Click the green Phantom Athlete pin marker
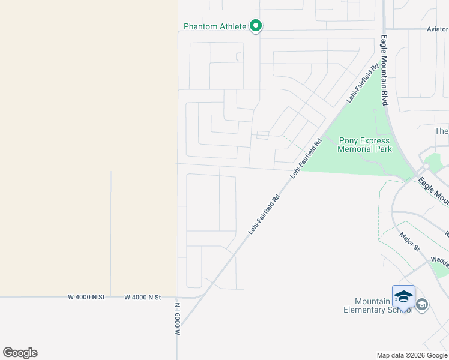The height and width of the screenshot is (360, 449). [255, 26]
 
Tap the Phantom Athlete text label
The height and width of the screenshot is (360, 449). [215, 26]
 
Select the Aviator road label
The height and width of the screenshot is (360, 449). [437, 29]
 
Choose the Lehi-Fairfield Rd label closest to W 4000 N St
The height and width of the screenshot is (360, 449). [265, 214]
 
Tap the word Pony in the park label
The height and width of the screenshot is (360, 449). [348, 141]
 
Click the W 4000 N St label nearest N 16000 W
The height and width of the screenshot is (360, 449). [143, 297]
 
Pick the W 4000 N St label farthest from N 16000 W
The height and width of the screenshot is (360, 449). [86, 297]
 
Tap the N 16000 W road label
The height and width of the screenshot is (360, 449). [178, 319]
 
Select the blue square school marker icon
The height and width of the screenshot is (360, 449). [403, 296]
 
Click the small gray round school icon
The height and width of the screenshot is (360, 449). [422, 305]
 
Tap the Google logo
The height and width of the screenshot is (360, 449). [20, 353]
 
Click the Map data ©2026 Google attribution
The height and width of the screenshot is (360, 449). [412, 355]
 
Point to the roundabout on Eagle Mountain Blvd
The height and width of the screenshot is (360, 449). [427, 165]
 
